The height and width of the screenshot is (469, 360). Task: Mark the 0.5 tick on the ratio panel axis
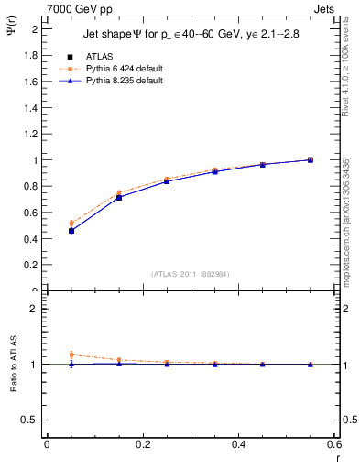31,420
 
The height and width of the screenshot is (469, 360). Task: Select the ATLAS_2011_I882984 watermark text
191,273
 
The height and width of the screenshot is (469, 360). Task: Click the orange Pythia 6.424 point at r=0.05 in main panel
71,223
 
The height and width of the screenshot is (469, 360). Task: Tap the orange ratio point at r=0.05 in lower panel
71,354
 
